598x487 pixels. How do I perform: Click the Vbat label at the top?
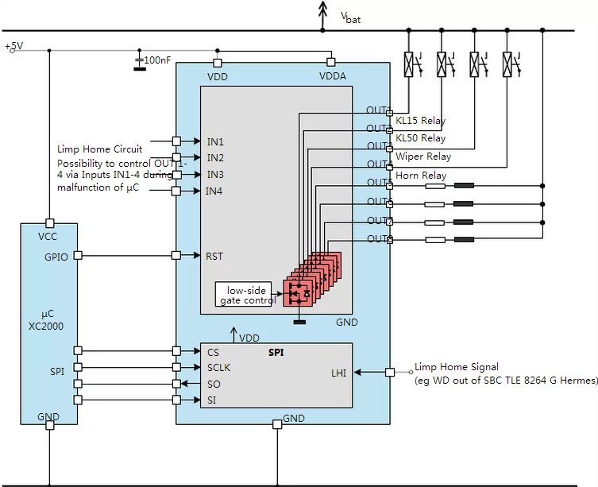(x=350, y=17)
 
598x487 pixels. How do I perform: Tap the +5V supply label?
(x=14, y=47)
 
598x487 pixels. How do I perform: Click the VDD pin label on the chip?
(x=218, y=76)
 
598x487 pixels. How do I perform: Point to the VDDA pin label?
(x=332, y=76)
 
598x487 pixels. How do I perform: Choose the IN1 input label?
(x=215, y=141)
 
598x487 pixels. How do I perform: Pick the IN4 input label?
(x=215, y=191)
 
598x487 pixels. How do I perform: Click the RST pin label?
(x=214, y=256)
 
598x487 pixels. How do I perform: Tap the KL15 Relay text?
(x=420, y=122)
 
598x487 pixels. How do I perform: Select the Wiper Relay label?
(x=422, y=157)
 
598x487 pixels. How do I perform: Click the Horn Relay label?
(x=420, y=176)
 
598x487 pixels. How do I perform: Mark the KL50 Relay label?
(x=420, y=138)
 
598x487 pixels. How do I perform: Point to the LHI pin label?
(x=338, y=372)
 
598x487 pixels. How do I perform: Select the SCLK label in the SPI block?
(x=218, y=368)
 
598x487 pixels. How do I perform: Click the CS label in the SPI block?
(x=213, y=352)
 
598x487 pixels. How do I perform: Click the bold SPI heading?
(x=276, y=350)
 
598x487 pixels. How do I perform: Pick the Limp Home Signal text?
(x=457, y=367)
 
